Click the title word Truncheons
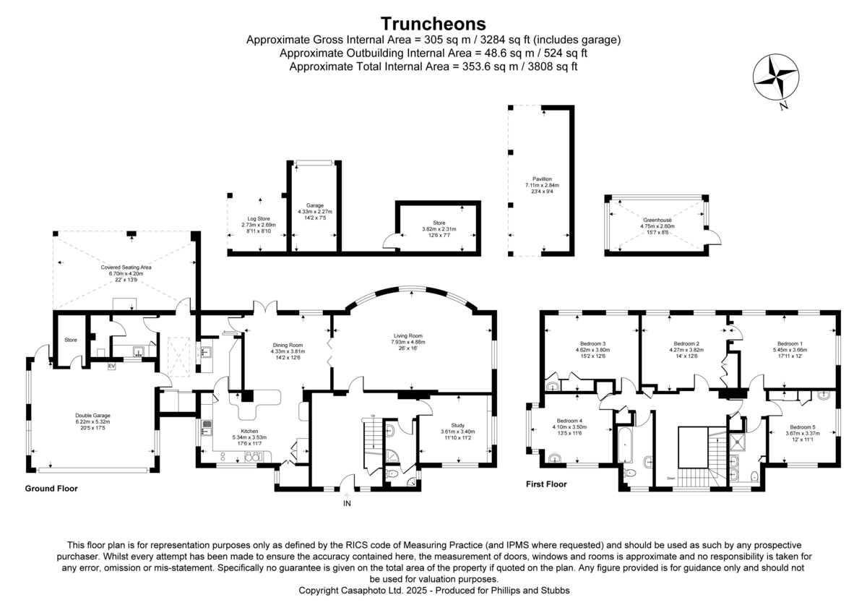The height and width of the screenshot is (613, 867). click(433, 24)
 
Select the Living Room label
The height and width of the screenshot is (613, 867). click(408, 336)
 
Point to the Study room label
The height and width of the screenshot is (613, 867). click(457, 425)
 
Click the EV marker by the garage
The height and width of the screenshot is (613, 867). click(111, 367)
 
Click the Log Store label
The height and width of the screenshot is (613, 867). click(259, 218)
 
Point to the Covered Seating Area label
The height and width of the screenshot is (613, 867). click(126, 267)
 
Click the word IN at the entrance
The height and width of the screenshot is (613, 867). click(347, 503)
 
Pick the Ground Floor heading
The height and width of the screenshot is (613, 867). click(51, 489)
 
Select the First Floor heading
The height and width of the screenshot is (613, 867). click(545, 484)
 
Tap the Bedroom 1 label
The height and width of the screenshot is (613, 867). click(790, 343)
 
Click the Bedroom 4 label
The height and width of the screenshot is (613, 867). click(570, 421)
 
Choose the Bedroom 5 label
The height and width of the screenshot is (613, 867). click(801, 426)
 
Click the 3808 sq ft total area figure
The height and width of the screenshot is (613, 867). click(549, 67)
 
